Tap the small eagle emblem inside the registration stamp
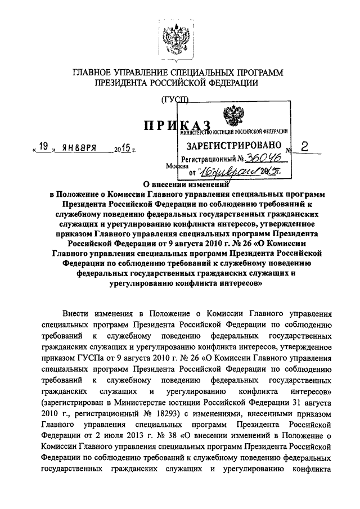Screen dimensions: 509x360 coord(231,117)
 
